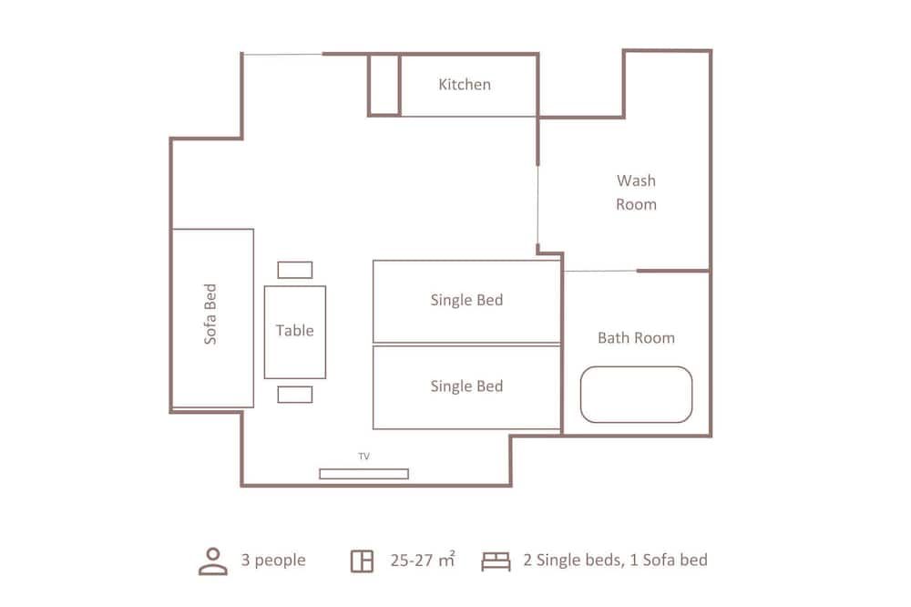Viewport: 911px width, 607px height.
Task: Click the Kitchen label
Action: [465, 84]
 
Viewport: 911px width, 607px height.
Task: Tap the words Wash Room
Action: [636, 192]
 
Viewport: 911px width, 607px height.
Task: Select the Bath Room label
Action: [636, 338]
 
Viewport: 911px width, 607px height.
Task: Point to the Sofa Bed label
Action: [210, 314]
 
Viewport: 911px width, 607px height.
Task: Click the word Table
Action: [294, 330]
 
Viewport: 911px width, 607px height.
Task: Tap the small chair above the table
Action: [295, 270]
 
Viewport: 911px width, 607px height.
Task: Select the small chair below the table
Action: [295, 395]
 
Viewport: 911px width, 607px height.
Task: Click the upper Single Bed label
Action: [466, 300]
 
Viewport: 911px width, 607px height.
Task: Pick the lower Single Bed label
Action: [466, 386]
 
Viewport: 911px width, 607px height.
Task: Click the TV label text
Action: [363, 457]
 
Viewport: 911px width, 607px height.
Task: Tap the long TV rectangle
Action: [363, 474]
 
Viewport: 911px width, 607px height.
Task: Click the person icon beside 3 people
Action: [213, 561]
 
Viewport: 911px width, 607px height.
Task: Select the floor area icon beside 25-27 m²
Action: [362, 561]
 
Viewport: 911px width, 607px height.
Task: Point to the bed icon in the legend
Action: [496, 561]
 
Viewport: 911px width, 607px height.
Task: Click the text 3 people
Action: [273, 560]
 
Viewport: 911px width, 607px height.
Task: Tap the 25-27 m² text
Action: [423, 560]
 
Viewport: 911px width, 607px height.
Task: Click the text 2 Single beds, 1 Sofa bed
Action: [615, 560]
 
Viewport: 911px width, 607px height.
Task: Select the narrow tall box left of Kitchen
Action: [384, 86]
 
